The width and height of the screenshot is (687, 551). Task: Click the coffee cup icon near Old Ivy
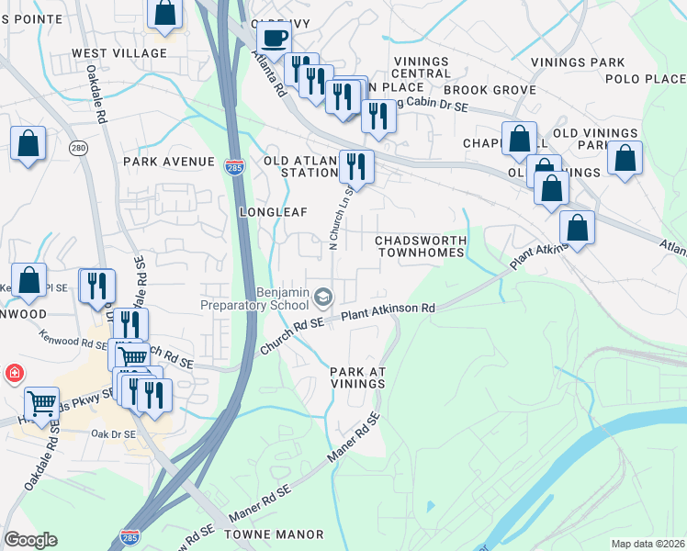[x=273, y=39]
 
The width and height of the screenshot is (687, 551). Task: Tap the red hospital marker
[x=14, y=374]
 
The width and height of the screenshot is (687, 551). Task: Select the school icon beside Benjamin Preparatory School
[x=322, y=297]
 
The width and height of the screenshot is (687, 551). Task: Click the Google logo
[x=30, y=540]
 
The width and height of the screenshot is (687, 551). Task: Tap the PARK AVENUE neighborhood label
[x=168, y=162]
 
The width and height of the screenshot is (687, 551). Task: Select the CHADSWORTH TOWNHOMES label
[x=421, y=246]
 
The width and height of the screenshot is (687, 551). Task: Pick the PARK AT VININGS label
[x=358, y=377]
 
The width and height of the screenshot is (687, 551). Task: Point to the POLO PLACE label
[x=646, y=80]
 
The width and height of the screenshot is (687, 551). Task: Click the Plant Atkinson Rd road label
[x=388, y=311]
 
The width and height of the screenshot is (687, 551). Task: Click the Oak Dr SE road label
[x=114, y=433]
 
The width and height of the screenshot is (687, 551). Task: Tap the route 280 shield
[x=78, y=148]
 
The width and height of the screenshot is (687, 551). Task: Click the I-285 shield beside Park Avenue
[x=233, y=166]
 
